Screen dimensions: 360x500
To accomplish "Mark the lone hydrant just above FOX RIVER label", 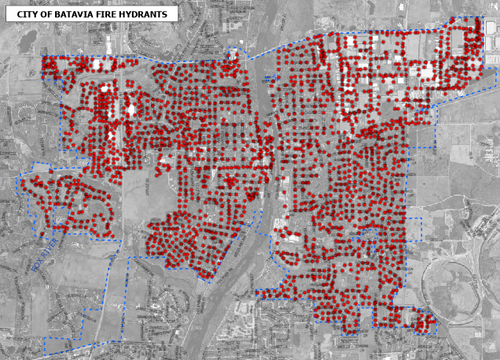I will pyautogui.click(x=42, y=233).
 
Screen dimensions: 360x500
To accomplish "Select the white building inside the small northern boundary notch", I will pyautogui.click(x=233, y=54).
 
